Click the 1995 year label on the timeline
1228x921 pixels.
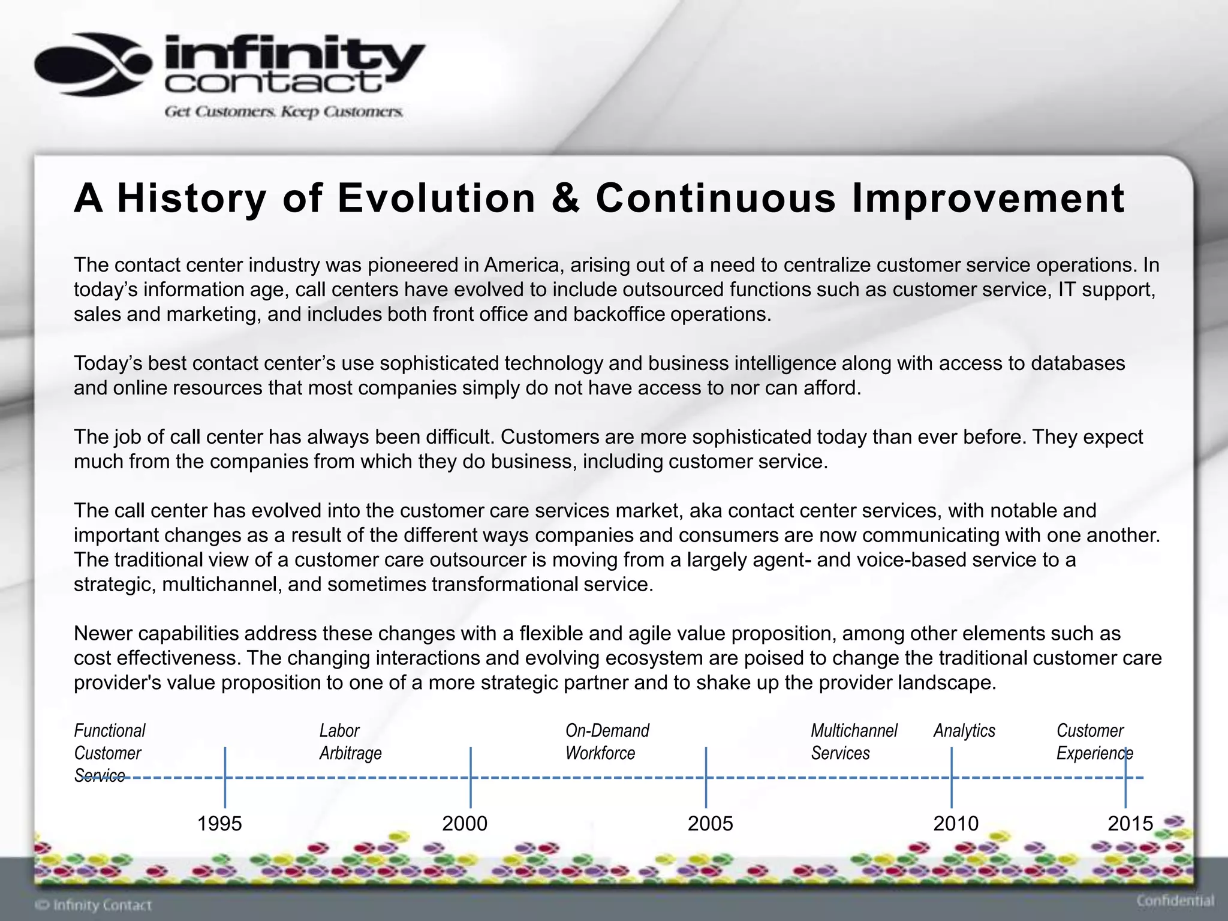(x=219, y=823)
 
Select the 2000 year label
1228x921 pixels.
(x=465, y=823)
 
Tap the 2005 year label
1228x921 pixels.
(x=710, y=823)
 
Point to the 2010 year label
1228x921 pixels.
(x=956, y=823)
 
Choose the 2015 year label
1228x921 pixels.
(x=1130, y=823)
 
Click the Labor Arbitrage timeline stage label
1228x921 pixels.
(x=350, y=742)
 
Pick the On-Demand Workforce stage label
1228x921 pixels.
(x=607, y=742)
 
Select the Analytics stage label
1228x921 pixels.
(x=964, y=730)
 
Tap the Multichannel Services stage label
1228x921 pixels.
(x=854, y=742)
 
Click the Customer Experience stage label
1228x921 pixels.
(x=1094, y=742)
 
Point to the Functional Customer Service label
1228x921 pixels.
(x=109, y=753)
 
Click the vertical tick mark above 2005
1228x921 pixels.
(x=706, y=777)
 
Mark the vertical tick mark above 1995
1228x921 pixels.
(x=225, y=777)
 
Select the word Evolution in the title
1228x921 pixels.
(x=436, y=198)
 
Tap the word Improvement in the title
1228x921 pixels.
(x=988, y=198)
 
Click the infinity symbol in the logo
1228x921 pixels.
(x=93, y=65)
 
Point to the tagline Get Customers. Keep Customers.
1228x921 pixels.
(x=284, y=112)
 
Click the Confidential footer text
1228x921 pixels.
(x=1175, y=901)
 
